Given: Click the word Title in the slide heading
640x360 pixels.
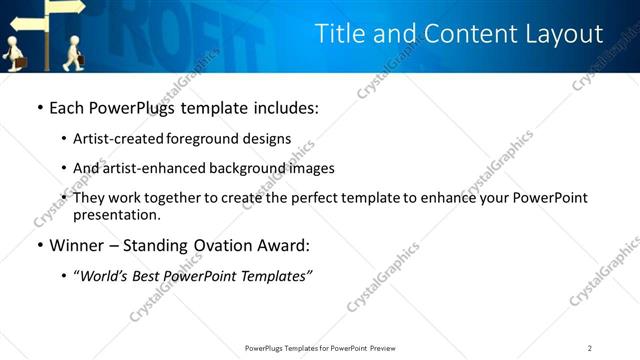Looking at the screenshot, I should pyautogui.click(x=341, y=34).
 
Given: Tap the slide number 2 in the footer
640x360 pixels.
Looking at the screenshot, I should pyautogui.click(x=590, y=348).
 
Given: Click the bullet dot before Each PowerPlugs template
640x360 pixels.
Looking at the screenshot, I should pyautogui.click(x=39, y=107).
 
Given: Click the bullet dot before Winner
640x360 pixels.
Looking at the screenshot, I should pyautogui.click(x=39, y=245).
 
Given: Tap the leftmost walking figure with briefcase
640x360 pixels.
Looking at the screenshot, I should pyautogui.click(x=13, y=53).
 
